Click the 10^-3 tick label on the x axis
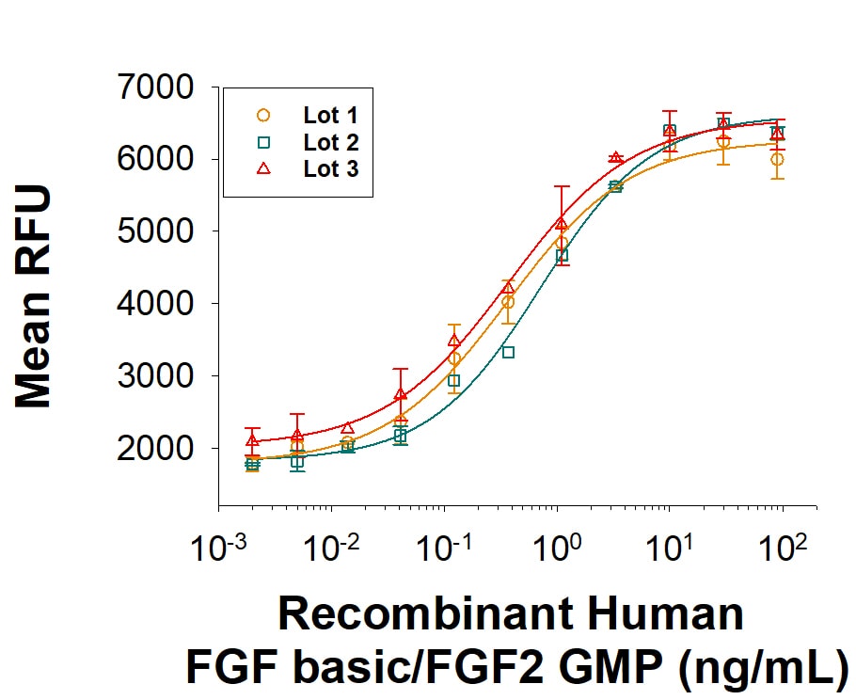[x=218, y=548]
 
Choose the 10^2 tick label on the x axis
[x=779, y=548]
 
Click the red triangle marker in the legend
[x=263, y=168]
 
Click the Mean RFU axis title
[x=35, y=296]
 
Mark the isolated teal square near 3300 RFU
[x=508, y=352]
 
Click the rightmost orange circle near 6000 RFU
[x=777, y=160]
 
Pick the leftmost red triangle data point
[x=252, y=440]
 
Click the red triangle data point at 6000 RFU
[x=615, y=158]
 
